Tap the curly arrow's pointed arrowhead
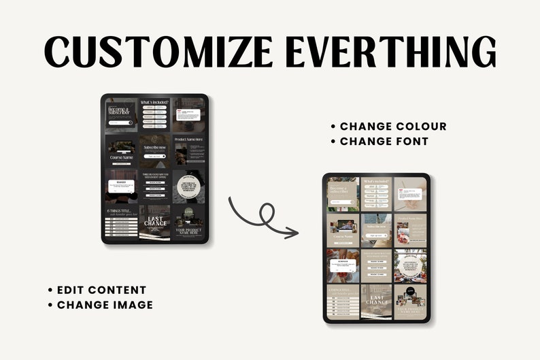(x=294, y=233)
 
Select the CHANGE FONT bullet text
(x=384, y=142)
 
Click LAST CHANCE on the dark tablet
(x=155, y=220)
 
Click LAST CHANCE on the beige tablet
(x=377, y=297)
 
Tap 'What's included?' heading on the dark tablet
(x=154, y=103)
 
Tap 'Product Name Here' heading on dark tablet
(x=189, y=140)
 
